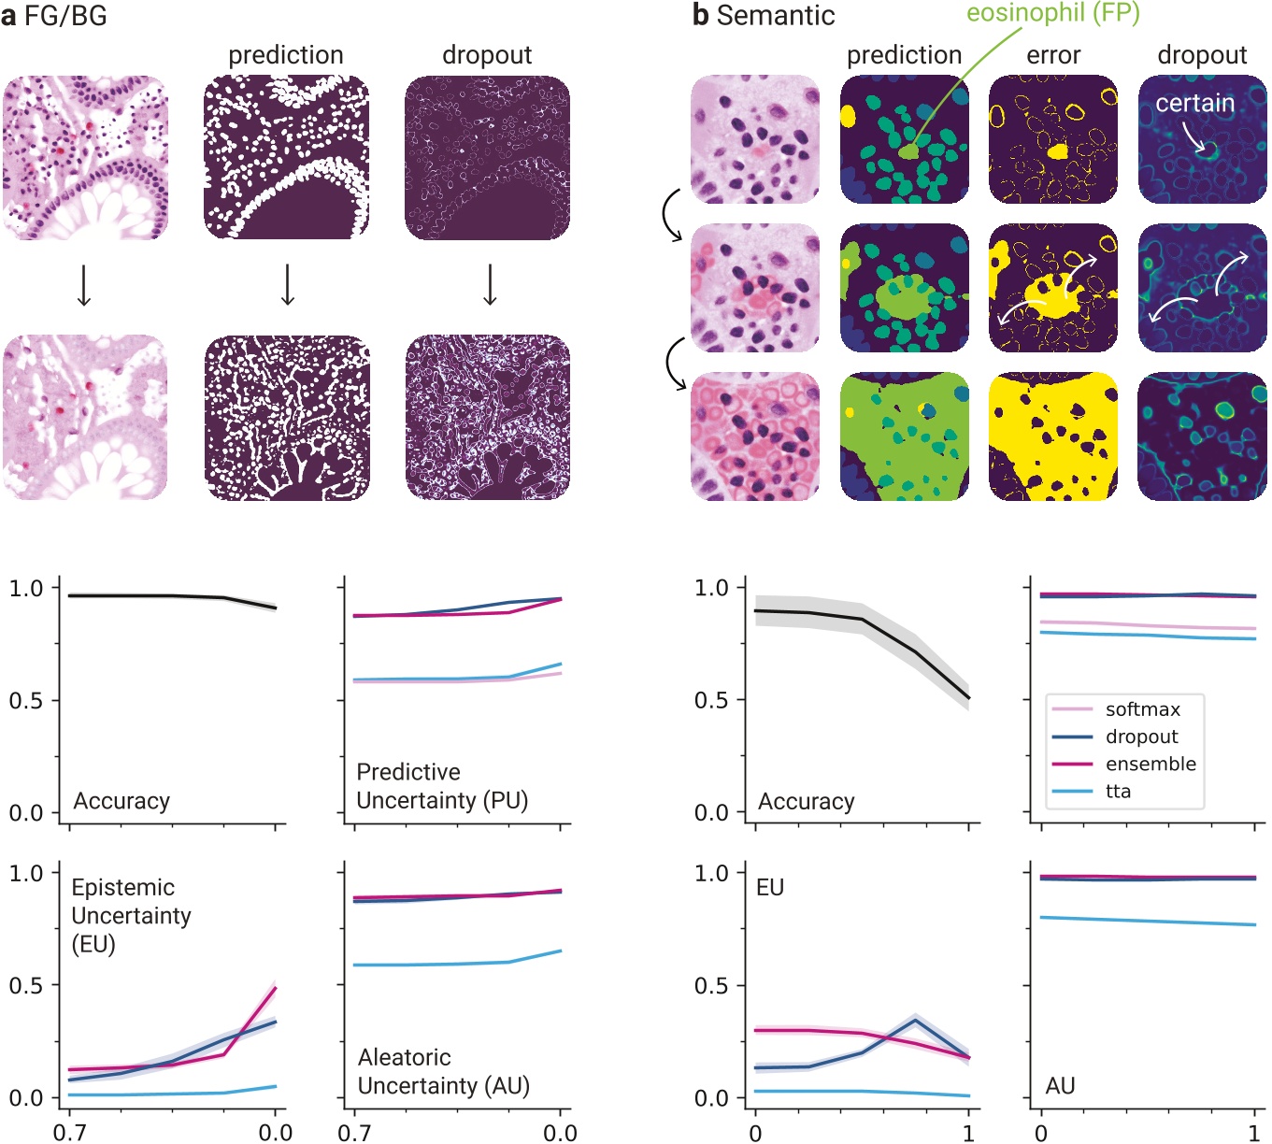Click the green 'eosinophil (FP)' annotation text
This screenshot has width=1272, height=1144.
[1052, 14]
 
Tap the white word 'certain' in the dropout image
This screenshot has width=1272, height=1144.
[1194, 103]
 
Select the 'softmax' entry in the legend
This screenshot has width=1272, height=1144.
[1142, 709]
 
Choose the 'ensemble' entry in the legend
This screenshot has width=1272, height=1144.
[1150, 764]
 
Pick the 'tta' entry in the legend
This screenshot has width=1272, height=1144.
[1118, 791]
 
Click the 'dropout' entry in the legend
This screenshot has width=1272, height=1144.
[1141, 736]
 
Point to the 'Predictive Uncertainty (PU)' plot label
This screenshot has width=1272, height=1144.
[442, 786]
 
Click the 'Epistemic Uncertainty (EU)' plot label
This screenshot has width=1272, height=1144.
[131, 915]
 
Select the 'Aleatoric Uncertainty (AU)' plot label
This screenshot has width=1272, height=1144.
[443, 1071]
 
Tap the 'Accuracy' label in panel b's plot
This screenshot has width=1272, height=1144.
[806, 801]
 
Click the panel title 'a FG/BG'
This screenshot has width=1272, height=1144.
[54, 16]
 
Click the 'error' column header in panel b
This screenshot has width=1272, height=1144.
[1052, 55]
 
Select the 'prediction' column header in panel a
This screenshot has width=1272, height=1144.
[286, 55]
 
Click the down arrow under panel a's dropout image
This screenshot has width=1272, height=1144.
[489, 285]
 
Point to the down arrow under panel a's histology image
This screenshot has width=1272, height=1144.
[84, 285]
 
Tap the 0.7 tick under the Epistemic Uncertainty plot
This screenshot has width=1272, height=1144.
[69, 1132]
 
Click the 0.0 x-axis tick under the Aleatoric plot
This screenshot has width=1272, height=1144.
[560, 1132]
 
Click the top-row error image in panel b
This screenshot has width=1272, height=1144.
[1052, 139]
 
